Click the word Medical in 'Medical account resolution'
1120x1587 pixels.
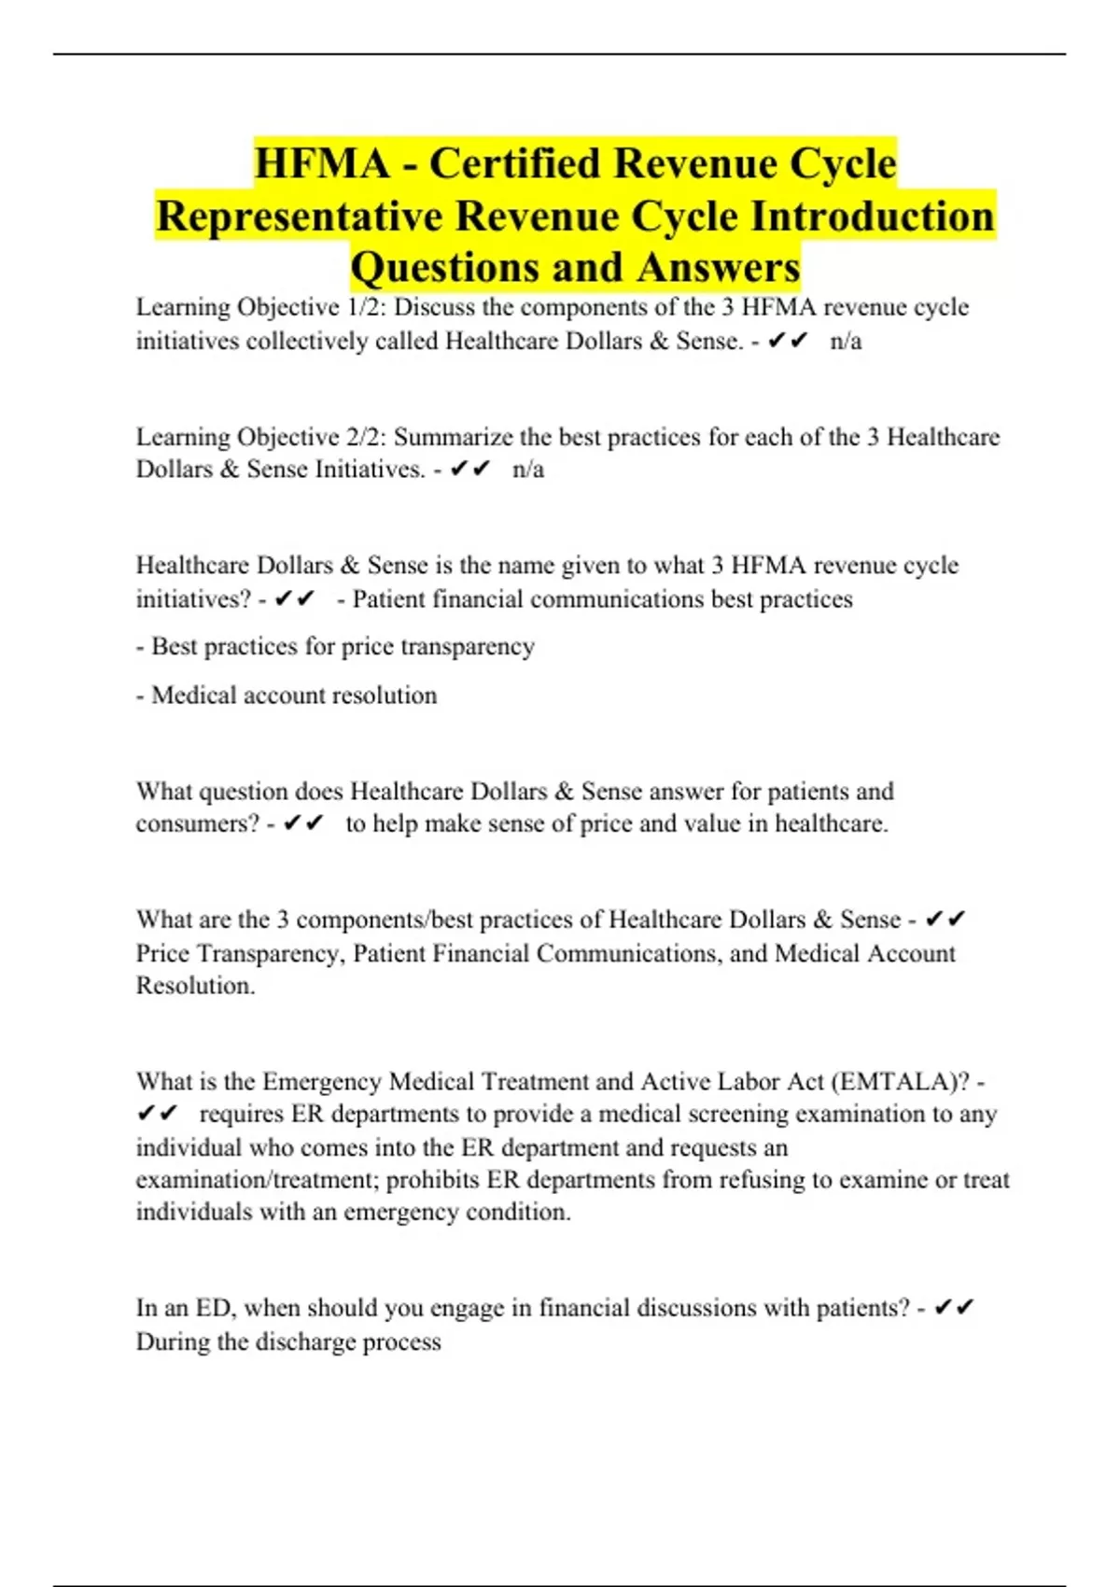193,695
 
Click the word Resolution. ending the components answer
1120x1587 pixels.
196,986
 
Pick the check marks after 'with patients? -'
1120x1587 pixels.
953,1309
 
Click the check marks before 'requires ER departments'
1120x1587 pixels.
157,1115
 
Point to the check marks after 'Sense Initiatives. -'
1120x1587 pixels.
470,470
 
